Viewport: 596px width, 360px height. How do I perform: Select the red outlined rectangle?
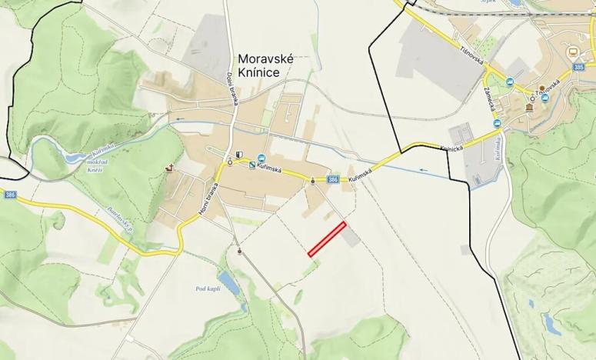click(327, 238)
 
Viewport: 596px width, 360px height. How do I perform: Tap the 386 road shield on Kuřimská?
click(332, 179)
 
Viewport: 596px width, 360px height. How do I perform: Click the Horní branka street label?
click(211, 201)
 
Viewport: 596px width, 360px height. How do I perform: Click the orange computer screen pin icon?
click(572, 52)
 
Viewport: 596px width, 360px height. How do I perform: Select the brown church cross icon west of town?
click(168, 168)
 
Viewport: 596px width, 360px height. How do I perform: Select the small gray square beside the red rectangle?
click(351, 238)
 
